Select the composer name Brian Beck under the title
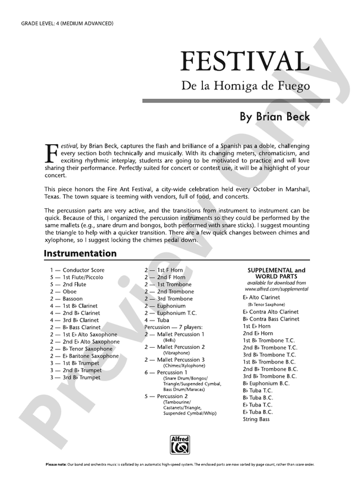[x=275, y=116]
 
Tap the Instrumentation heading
[x=80, y=254]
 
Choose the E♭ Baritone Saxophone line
[x=88, y=356]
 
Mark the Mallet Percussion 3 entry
[x=181, y=359]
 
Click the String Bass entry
[x=256, y=419]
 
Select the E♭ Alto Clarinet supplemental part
[x=262, y=298]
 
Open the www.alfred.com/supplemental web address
[x=276, y=289]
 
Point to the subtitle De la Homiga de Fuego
[x=245, y=86]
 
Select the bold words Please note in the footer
[x=58, y=465]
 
